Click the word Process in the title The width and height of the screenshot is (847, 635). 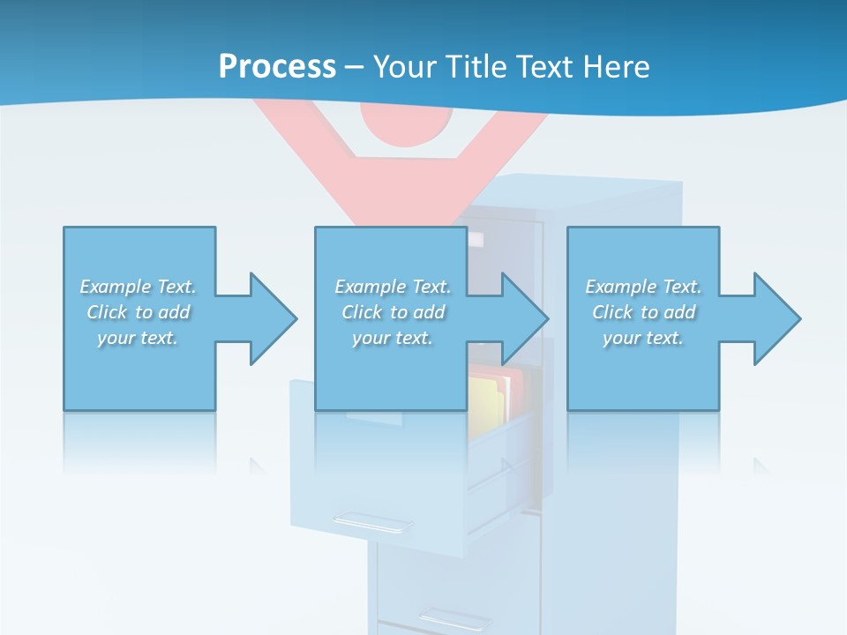coord(277,67)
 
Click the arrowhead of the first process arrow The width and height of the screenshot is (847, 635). coord(274,318)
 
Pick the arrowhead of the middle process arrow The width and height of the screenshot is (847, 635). coord(526,318)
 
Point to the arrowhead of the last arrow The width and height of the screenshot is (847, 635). coord(777,318)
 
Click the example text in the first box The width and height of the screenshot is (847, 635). coord(138,312)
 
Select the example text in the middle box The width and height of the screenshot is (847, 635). coord(392,312)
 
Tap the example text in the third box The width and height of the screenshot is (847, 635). coord(643,312)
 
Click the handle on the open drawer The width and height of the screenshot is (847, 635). coord(371,523)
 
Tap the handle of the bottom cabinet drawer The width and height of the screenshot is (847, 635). coord(454,618)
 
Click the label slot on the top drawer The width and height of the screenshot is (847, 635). coord(476,239)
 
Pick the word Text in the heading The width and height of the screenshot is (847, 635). coord(543,67)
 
